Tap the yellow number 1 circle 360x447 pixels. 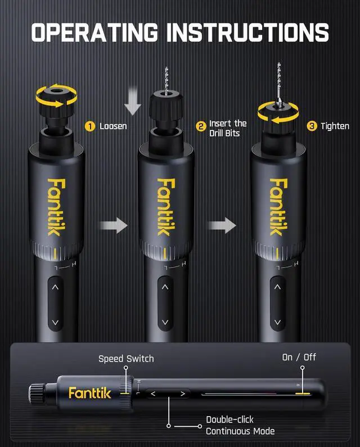tap(89, 126)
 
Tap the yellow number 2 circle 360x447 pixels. tap(201, 126)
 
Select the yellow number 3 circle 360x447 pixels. tap(312, 126)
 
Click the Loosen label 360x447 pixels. tap(113, 127)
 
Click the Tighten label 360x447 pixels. tap(335, 127)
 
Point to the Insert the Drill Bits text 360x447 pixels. tap(228, 128)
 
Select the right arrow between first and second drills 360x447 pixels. tap(112, 226)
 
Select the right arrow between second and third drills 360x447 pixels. tap(223, 226)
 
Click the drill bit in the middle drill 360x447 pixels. tap(165, 79)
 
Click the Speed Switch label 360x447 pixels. tap(126, 359)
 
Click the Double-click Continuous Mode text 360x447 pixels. tap(240, 426)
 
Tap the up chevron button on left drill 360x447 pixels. tap(55, 286)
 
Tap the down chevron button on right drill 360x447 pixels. tap(277, 323)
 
